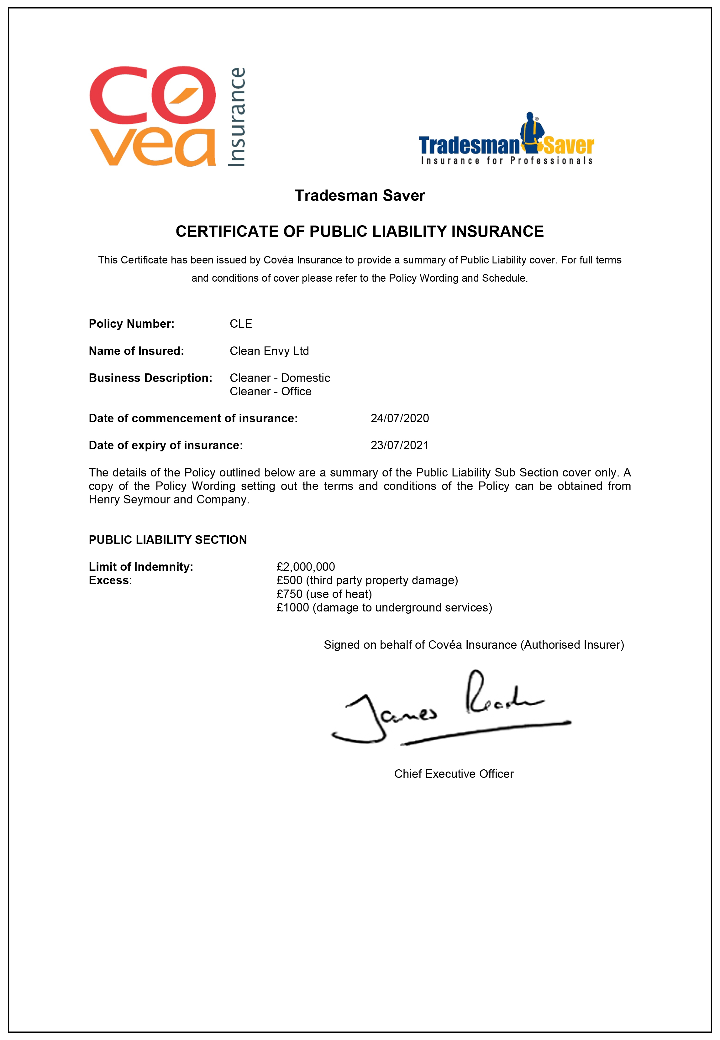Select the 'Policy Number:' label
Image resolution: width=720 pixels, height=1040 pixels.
[131, 324]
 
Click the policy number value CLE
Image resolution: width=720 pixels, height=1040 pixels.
[241, 324]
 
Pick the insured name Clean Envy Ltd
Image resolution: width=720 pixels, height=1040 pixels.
[269, 351]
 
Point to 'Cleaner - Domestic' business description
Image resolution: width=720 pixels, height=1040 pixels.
[280, 378]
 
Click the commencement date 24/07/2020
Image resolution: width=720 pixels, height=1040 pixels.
[400, 418]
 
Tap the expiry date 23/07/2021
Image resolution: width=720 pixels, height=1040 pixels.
[400, 445]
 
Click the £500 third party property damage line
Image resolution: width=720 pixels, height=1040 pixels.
[367, 580]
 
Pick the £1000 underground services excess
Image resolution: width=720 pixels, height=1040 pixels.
[384, 608]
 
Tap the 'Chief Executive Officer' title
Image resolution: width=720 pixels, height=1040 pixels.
[454, 773]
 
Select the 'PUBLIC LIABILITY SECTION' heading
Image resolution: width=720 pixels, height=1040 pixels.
[168, 540]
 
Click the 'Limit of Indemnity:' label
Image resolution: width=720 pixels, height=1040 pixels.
[141, 567]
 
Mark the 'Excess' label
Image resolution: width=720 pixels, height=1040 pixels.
[110, 580]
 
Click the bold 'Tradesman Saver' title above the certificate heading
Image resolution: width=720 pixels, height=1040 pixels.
[360, 195]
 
